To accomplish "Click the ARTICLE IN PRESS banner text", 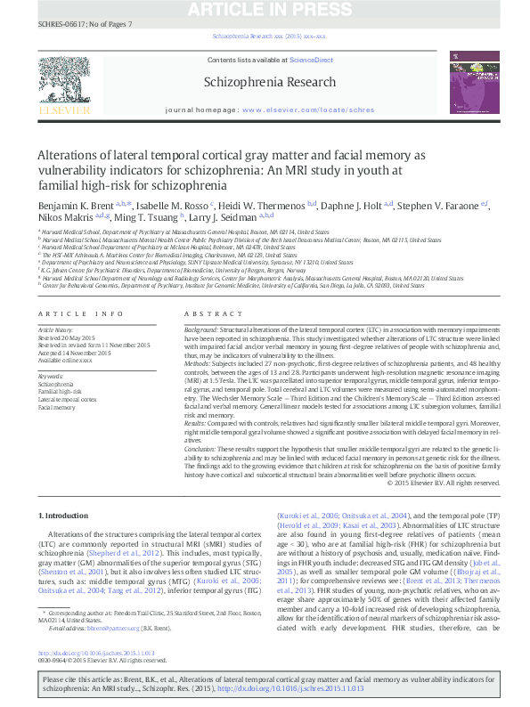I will (265, 10).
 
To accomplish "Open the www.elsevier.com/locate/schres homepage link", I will (308, 110).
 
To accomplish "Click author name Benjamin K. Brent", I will (75, 206).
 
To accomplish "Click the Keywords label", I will (52, 376).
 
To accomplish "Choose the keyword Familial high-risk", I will (60, 392).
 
